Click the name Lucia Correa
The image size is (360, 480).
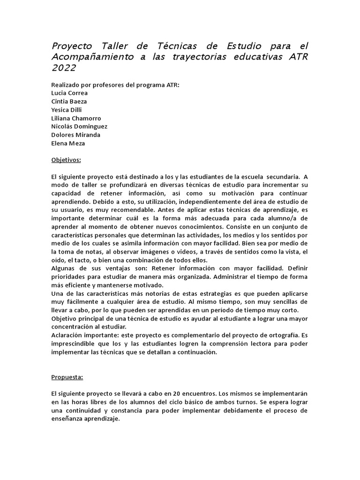point(69,93)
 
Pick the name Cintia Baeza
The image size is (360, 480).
point(69,101)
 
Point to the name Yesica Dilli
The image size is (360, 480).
point(67,110)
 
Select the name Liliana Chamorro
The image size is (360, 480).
point(76,118)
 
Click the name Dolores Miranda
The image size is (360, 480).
point(75,135)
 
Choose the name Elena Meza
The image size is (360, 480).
point(68,143)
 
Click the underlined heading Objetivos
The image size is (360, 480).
point(66,160)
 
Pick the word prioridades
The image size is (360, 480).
point(68,277)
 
